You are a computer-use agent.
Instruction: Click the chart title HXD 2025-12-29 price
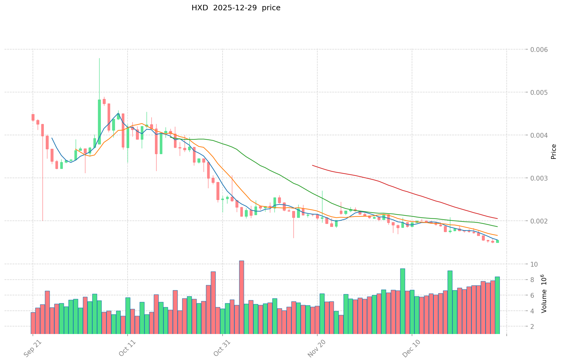[236, 8]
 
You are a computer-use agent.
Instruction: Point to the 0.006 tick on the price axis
[537, 50]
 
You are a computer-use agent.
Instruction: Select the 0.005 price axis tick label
[537, 92]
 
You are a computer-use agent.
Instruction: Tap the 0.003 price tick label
[537, 178]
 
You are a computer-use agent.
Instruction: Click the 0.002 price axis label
[537, 221]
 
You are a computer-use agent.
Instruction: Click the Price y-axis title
[553, 152]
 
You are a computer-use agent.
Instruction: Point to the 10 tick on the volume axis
[534, 264]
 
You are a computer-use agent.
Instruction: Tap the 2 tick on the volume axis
[532, 326]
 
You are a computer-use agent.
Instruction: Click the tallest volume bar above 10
[242, 297]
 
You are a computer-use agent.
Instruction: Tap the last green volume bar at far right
[497, 305]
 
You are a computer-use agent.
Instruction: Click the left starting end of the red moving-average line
[313, 165]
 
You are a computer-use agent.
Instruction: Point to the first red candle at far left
[33, 117]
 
